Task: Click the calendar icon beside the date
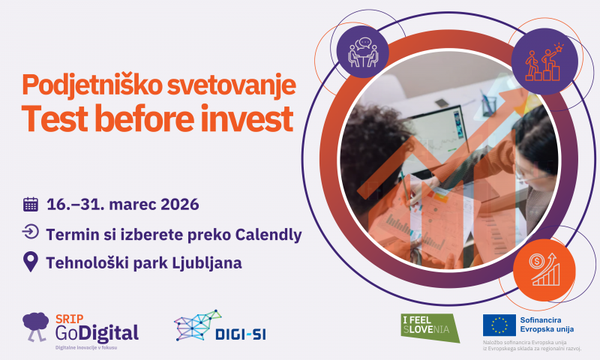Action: pos(31,204)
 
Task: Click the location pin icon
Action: pos(31,262)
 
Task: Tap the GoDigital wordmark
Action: pos(97,331)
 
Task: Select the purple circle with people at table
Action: pos(364,49)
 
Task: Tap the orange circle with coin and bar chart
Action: pos(544,268)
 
